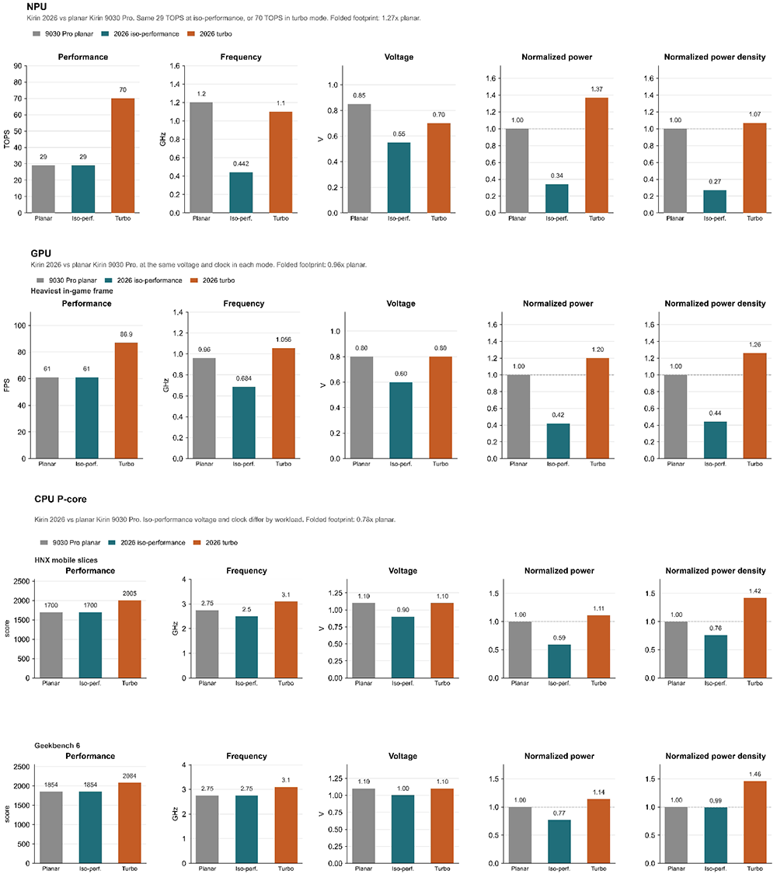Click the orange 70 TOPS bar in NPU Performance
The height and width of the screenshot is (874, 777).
click(123, 155)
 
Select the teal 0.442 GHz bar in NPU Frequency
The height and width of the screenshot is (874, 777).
click(241, 193)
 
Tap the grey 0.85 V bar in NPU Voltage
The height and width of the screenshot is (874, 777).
click(360, 158)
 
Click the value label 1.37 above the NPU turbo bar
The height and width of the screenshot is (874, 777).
click(597, 89)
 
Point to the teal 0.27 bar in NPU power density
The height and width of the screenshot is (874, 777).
click(715, 201)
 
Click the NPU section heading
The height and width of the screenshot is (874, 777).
click(37, 7)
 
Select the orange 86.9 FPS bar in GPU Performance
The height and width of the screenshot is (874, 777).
click(127, 401)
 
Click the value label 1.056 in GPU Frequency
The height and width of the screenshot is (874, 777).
click(283, 340)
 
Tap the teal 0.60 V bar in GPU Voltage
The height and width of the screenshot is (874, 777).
click(401, 420)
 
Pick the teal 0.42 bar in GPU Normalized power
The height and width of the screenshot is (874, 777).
click(558, 441)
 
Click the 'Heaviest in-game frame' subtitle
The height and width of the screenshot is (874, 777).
click(72, 291)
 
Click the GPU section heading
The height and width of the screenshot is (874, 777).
click(41, 253)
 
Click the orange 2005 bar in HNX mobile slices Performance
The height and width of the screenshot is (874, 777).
click(130, 639)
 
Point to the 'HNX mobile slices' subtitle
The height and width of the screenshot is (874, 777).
click(66, 560)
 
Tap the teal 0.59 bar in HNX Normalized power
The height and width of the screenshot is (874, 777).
click(559, 662)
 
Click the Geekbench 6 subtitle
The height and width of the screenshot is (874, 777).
click(57, 746)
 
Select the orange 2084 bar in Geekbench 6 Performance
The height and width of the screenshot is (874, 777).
click(130, 824)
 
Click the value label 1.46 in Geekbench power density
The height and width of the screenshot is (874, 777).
click(755, 775)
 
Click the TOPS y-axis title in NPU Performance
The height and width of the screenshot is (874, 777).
click(7, 139)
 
